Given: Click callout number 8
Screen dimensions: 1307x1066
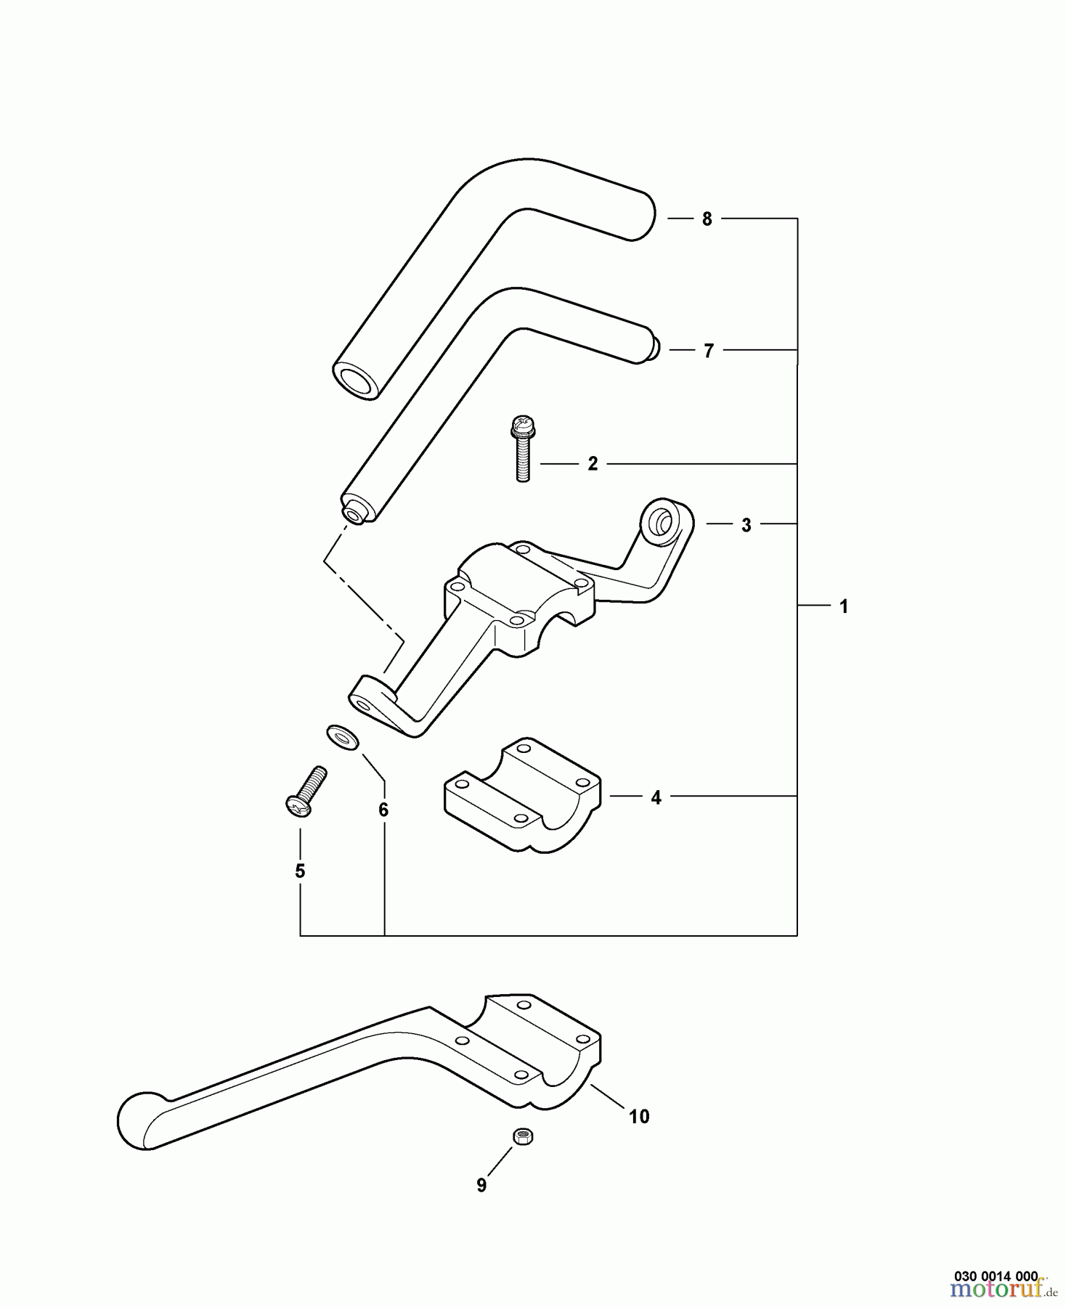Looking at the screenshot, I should click(x=707, y=219).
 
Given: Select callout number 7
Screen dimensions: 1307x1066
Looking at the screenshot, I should click(x=709, y=351).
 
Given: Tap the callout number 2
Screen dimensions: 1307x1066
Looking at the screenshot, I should click(x=593, y=464).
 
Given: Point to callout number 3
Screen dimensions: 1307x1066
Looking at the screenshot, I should click(x=746, y=525).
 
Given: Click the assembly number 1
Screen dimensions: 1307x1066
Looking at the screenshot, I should click(x=844, y=606).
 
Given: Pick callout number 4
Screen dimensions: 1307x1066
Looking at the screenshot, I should click(x=656, y=797).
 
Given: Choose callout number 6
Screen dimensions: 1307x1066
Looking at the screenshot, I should click(x=383, y=809).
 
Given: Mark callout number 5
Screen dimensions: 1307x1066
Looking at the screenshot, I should click(x=300, y=871).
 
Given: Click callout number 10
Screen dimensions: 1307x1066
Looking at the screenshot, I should click(x=639, y=1116).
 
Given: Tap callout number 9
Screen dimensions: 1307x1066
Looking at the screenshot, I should click(x=481, y=1185).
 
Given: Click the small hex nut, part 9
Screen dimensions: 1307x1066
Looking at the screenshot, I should click(x=522, y=1136).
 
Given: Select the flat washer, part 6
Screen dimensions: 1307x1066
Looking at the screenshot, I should click(x=342, y=738).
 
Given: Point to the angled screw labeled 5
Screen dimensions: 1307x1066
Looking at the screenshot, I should click(x=306, y=791).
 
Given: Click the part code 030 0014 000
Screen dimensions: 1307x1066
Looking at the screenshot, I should click(x=996, y=1276).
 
